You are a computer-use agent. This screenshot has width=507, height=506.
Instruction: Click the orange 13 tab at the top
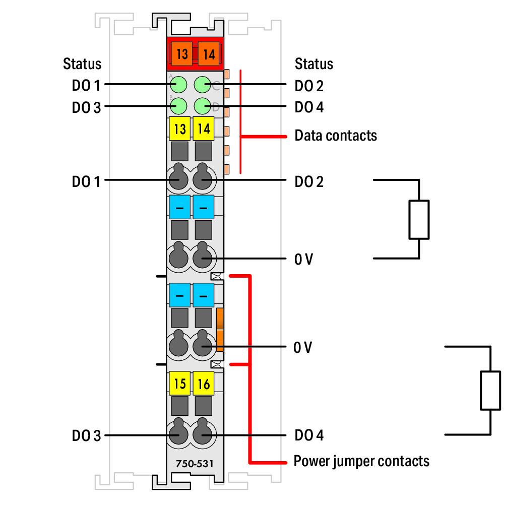tap(182, 53)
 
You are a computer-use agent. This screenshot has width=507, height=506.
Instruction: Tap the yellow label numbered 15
tap(179, 384)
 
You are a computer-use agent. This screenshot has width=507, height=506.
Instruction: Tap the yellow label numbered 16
tap(204, 384)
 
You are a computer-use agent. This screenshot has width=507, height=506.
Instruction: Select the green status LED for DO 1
tap(178, 85)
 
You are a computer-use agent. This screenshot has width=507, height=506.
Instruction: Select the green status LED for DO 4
tap(203, 106)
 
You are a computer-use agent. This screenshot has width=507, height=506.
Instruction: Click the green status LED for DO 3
tap(178, 106)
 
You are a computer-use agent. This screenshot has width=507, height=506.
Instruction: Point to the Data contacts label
tap(335, 136)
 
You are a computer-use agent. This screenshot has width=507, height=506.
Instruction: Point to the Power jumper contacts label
tap(361, 461)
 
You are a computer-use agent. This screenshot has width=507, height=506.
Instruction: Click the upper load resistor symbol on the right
tap(419, 219)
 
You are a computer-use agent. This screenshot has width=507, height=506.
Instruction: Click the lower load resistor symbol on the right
tap(490, 391)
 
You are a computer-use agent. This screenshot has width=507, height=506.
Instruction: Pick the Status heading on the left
tap(82, 64)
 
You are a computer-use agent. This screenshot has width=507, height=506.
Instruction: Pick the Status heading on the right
tap(314, 64)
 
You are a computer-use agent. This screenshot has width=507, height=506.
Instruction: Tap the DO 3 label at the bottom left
tap(86, 435)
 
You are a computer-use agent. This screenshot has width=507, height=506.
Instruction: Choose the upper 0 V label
tap(303, 260)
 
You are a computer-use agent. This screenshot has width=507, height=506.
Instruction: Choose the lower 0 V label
tap(303, 347)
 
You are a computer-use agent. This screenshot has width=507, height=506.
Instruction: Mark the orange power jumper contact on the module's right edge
tap(220, 330)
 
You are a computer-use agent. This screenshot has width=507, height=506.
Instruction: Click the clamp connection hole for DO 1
tap(178, 179)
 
